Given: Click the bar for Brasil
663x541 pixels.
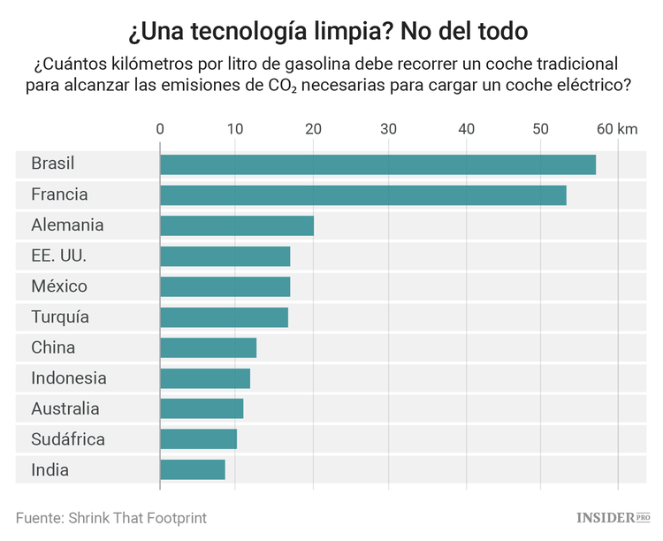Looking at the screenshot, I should pyautogui.click(x=377, y=164).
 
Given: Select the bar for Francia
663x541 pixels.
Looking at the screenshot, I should pyautogui.click(x=362, y=195).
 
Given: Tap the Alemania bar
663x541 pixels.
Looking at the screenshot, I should pyautogui.click(x=236, y=225).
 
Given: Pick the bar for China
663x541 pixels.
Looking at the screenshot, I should pyautogui.click(x=208, y=347).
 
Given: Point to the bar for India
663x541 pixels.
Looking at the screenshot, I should pyautogui.click(x=192, y=469).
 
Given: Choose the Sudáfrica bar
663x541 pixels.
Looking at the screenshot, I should pyautogui.click(x=198, y=439).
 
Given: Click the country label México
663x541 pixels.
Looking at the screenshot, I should pyautogui.click(x=58, y=286).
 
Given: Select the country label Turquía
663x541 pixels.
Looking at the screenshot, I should pyautogui.click(x=59, y=317).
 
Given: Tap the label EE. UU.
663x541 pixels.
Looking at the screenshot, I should pyautogui.click(x=58, y=256).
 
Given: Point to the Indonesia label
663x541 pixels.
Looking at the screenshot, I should pyautogui.click(x=68, y=378).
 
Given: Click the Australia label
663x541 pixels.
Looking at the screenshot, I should pyautogui.click(x=65, y=409).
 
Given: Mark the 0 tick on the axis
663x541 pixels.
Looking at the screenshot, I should pyautogui.click(x=160, y=129).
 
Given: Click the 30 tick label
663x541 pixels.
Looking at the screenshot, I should pyautogui.click(x=389, y=129).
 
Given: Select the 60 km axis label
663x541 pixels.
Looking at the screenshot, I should pyautogui.click(x=617, y=129).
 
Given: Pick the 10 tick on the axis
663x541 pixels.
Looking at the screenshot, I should pyautogui.click(x=236, y=129).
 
